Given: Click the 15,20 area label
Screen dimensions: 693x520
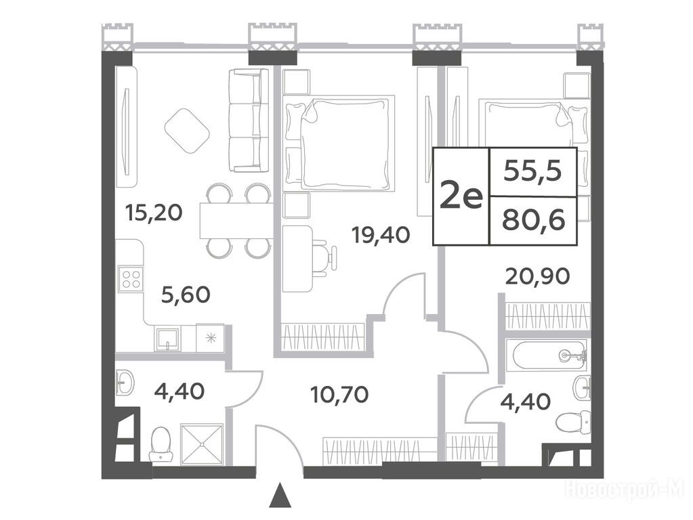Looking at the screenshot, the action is [x=153, y=213].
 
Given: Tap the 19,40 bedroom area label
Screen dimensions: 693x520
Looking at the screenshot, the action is [x=381, y=234].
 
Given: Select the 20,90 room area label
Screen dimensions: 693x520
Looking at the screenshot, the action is [x=537, y=276].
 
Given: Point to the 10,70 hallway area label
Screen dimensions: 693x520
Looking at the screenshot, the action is [x=339, y=394].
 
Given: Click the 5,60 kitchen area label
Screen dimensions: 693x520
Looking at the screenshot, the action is [x=185, y=295].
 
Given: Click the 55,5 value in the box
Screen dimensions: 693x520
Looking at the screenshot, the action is [x=532, y=171].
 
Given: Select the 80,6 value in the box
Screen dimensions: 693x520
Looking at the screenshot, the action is [x=533, y=220].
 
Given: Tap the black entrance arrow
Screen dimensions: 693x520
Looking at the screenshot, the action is [x=280, y=495].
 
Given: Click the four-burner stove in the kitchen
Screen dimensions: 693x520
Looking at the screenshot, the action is [x=131, y=279].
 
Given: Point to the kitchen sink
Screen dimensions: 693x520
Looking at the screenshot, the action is [x=167, y=339].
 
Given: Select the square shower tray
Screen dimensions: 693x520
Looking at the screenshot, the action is [x=202, y=444].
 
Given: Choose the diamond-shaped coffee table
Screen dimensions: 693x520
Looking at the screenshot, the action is [x=187, y=131].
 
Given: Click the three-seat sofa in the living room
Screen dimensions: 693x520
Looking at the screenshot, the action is [x=249, y=120].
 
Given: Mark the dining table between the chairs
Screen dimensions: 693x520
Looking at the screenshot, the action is [x=236, y=221].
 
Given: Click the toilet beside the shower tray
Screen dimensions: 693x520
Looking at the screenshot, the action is [x=161, y=444].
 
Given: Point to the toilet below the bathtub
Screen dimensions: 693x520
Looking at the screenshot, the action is [x=573, y=422].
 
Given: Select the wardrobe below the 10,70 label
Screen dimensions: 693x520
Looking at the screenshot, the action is [x=380, y=451].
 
